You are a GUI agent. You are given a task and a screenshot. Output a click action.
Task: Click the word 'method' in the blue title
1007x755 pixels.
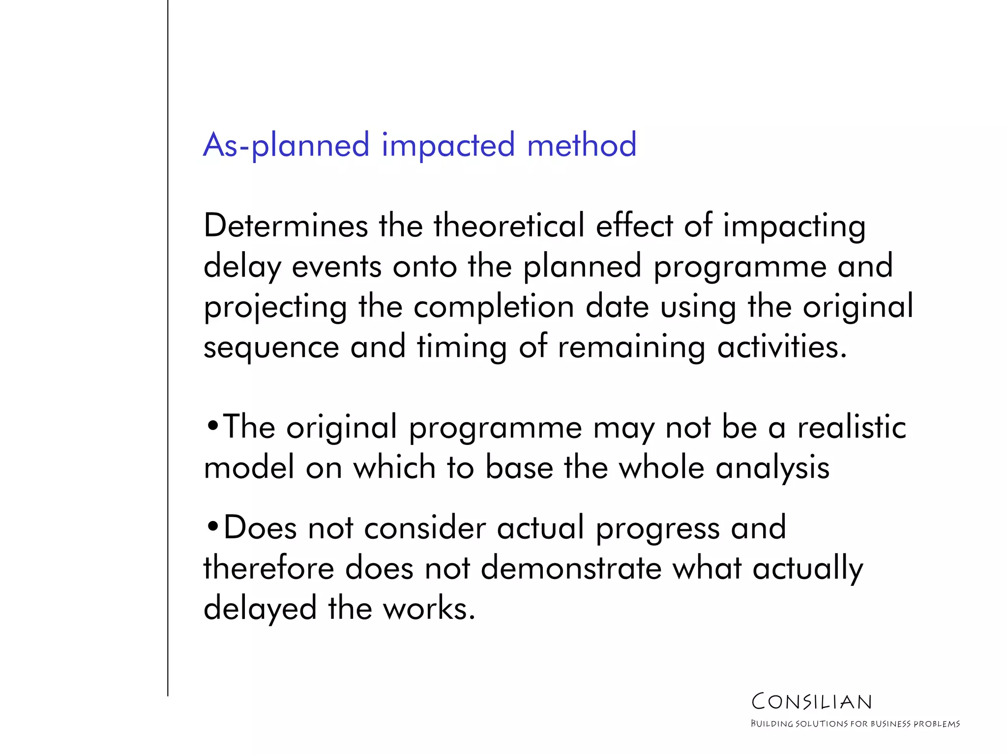click(581, 145)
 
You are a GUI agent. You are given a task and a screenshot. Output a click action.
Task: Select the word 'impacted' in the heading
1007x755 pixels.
click(448, 146)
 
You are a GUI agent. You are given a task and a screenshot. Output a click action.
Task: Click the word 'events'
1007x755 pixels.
click(337, 267)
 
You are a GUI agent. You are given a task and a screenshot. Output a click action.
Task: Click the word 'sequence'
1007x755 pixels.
click(271, 348)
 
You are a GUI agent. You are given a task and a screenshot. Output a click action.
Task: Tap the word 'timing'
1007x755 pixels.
click(462, 348)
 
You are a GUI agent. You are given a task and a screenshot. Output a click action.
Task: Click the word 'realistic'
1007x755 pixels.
click(852, 427)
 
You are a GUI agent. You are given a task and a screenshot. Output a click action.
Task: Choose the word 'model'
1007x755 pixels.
click(249, 467)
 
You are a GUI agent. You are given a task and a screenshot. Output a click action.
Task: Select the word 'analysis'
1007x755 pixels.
click(772, 468)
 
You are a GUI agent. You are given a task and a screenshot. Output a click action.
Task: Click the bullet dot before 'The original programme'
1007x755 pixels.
click(212, 426)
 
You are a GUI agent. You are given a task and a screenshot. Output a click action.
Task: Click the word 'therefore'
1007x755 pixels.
click(269, 568)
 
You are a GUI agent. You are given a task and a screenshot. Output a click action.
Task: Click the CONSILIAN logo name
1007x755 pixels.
click(812, 702)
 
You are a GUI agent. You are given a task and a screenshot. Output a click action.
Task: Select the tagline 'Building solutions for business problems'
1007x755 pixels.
click(855, 724)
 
